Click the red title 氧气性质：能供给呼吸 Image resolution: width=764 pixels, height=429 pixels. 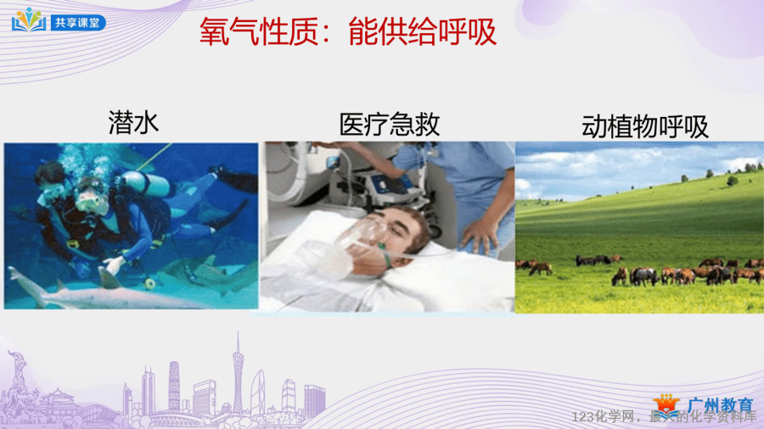coord(348,31)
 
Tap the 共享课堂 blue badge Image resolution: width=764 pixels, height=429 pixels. coord(78,22)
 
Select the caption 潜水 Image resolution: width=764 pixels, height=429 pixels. coord(133,122)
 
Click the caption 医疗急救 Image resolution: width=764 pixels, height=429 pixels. coord(390,125)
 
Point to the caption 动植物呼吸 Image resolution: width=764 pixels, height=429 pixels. coord(644,126)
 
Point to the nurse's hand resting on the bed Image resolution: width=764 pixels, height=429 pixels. coord(479,237)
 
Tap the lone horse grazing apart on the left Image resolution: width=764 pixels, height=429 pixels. coord(541,268)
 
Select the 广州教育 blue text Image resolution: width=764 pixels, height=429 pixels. coord(720,405)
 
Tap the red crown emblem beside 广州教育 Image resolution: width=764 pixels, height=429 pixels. coord(666,404)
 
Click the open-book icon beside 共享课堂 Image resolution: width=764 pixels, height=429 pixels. coord(29,20)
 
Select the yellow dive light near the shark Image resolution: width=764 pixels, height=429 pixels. coord(150,283)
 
